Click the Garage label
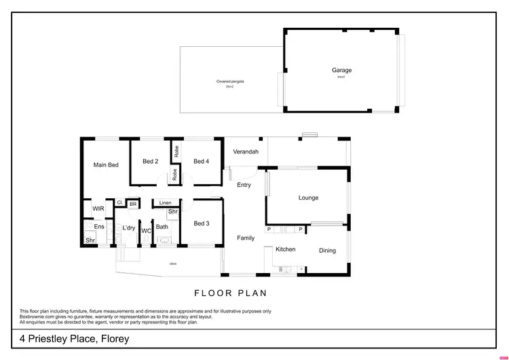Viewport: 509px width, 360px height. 341,70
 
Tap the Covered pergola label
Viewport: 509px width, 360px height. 229,82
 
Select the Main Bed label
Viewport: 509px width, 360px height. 106,164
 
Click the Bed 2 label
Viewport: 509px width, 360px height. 150,161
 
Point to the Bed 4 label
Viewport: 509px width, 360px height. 201,161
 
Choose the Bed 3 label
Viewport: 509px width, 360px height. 201,223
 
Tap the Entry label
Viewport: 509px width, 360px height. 244,185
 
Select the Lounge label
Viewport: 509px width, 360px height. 308,198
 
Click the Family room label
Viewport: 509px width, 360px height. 245,238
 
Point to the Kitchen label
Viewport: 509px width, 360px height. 285,249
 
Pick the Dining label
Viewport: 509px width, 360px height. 327,251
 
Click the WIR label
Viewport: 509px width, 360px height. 98,209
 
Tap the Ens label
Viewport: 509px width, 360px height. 98,226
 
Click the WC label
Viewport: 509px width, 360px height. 145,231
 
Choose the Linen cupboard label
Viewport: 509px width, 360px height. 165,202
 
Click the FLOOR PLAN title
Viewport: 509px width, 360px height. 231,293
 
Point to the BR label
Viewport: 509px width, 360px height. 133,203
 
